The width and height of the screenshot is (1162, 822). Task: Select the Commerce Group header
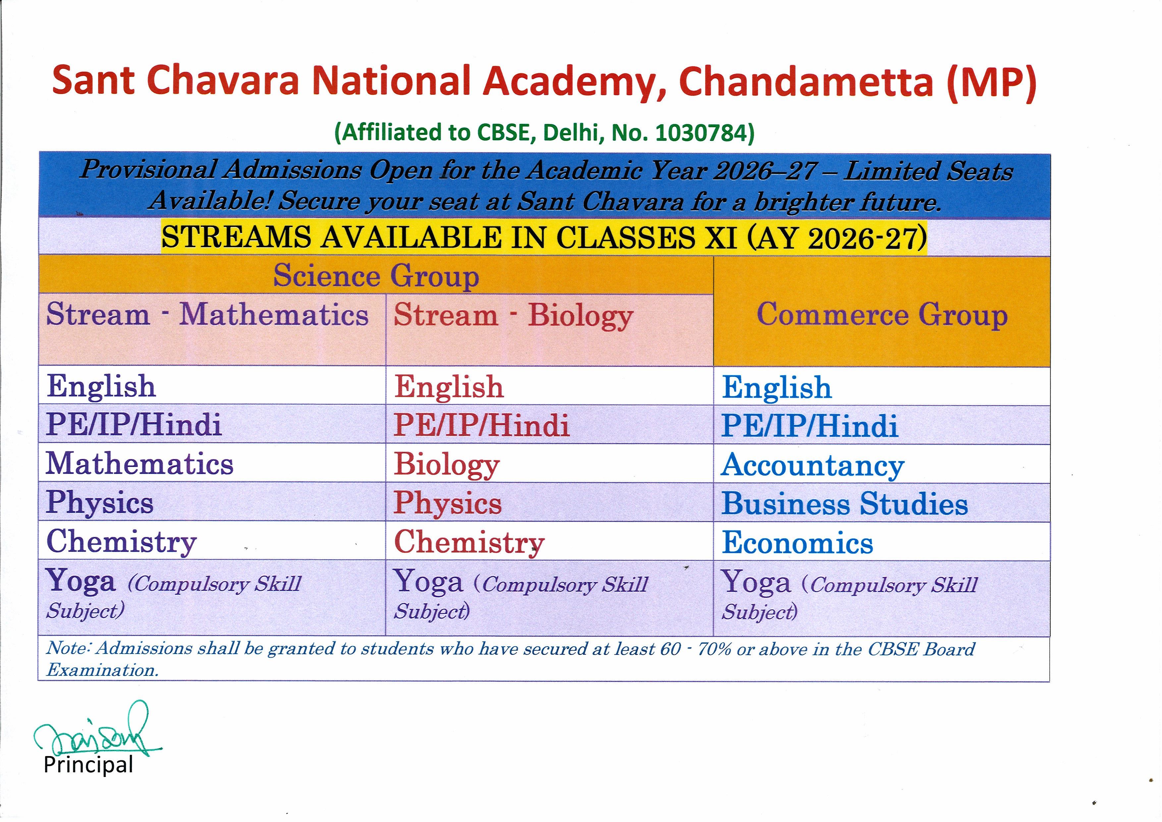pos(882,315)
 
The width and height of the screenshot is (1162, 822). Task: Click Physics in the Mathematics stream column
pos(100,502)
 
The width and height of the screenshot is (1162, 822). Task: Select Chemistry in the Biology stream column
pos(469,542)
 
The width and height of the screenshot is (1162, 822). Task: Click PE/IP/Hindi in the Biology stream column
pos(482,425)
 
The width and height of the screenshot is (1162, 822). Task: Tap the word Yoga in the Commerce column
pos(756,582)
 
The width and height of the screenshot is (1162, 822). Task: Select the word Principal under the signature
pos(88,765)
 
